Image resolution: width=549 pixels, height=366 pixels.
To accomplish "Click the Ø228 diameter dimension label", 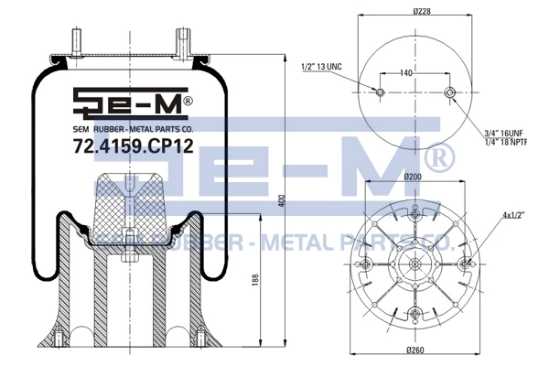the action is point(422,11).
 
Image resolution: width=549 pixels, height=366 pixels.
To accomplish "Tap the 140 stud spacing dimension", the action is point(405,73).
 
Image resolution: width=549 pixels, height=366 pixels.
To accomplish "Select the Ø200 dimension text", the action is point(413,177).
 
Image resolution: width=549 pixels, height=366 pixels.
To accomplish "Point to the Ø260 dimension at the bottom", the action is point(415,350).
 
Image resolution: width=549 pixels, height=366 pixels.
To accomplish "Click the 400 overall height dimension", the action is point(283,200).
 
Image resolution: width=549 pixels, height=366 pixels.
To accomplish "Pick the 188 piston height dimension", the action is point(255,280).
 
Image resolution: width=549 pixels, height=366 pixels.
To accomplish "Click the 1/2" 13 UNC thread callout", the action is point(322,67).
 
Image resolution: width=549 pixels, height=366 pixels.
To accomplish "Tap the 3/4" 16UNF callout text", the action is point(503,133).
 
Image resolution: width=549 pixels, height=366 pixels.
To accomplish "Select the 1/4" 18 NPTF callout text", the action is point(505,142).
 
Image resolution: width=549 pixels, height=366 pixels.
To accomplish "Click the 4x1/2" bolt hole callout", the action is point(514,215).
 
